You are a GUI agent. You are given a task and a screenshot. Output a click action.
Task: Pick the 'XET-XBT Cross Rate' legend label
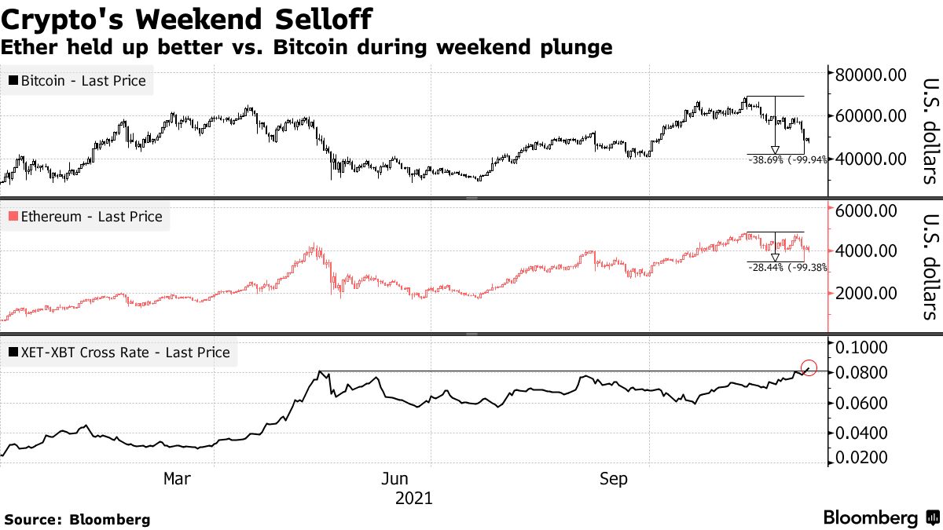(119, 353)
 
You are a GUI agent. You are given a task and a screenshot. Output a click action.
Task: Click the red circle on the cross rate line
(810, 367)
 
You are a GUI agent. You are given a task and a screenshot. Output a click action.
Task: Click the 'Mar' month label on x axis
(177, 479)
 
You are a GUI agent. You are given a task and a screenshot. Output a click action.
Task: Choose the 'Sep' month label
(614, 479)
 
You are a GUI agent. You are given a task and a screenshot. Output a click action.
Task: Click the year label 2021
(413, 498)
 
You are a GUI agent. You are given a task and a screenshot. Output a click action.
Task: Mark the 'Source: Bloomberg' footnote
(77, 519)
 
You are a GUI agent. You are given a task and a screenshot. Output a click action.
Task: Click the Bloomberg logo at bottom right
(880, 518)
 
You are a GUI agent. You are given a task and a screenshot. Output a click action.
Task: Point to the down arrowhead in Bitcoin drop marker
(775, 150)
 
